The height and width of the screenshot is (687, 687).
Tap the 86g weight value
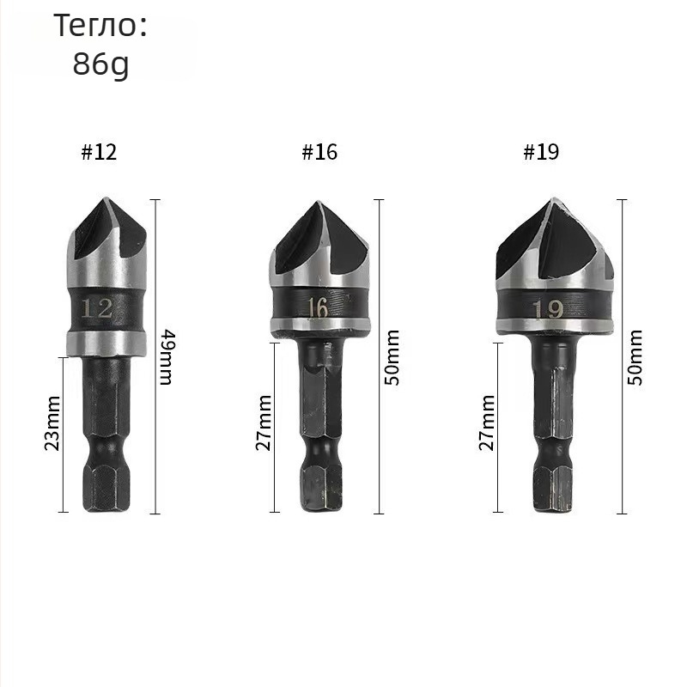click(x=100, y=64)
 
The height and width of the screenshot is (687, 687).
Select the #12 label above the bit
click(x=100, y=152)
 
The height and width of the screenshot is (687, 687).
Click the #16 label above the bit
click(x=319, y=152)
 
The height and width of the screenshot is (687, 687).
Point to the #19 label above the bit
click(x=542, y=152)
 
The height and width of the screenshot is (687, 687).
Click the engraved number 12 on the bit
click(x=97, y=308)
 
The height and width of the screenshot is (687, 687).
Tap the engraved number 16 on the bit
click(x=317, y=308)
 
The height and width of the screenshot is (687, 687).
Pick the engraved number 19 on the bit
click(x=549, y=310)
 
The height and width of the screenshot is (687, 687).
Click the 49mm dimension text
click(x=167, y=357)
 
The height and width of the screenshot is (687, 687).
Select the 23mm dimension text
click(x=52, y=423)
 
